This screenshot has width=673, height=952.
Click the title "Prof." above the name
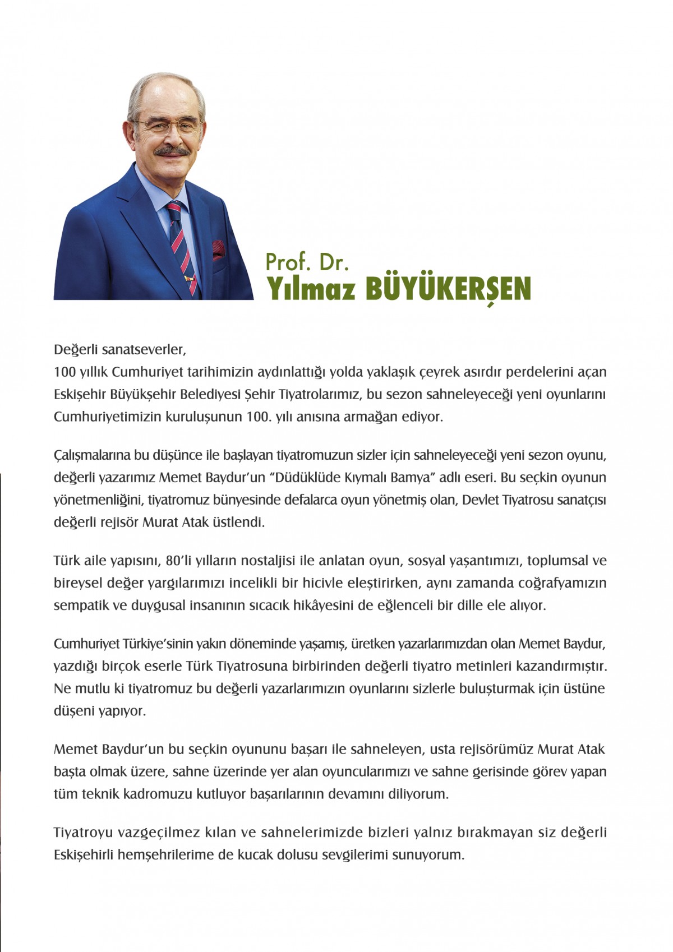click(287, 262)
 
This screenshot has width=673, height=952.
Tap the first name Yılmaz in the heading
click(311, 289)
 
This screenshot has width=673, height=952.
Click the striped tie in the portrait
click(182, 247)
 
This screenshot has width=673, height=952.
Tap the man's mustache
click(171, 151)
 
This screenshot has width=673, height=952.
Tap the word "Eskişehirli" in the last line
click(83, 855)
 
